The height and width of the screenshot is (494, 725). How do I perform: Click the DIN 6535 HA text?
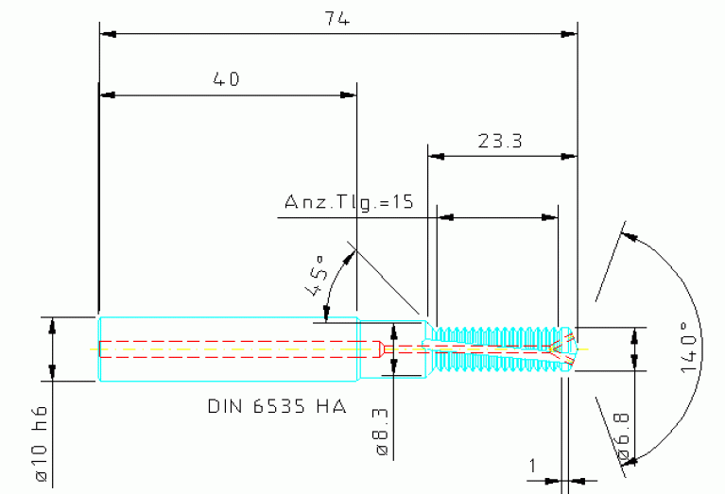coord(277,407)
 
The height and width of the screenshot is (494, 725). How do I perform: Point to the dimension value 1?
coord(533,465)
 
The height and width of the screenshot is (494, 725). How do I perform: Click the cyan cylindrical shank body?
coord(227,349)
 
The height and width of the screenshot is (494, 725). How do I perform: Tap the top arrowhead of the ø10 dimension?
coord(53,324)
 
